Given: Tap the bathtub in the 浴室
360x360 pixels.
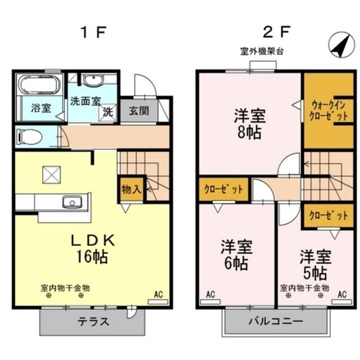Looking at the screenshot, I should point(37,85).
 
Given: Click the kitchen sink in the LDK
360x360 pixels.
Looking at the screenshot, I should point(72,202).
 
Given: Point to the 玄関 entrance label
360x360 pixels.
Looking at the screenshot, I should point(138,111).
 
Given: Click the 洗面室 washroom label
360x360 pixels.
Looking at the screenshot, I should point(85,102).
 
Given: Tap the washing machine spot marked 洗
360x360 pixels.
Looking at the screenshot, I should point(108,111).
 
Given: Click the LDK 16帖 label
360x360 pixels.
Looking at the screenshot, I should point(92,249).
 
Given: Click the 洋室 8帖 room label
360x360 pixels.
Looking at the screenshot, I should point(250,125).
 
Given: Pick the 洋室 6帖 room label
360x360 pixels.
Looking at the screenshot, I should point(236,254).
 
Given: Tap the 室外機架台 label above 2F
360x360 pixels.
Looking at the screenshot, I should point(262,51).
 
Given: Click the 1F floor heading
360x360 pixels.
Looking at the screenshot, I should point(92,31).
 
